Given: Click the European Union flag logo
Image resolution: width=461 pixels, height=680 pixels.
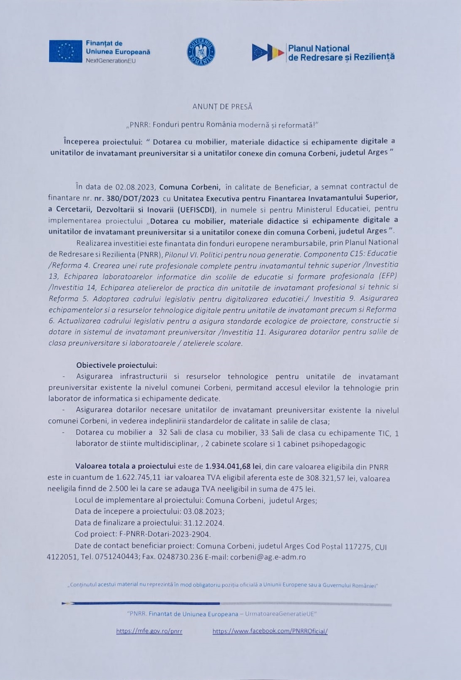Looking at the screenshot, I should tap(65, 51).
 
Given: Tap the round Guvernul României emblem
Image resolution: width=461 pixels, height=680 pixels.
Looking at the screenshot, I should tap(201, 51).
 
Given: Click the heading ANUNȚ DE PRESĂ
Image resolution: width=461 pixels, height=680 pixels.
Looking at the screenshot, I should tap(222, 107).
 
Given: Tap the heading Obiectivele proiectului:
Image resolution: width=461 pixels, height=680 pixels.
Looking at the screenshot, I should tap(116, 365).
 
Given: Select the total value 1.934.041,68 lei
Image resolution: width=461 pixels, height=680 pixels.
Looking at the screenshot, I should tap(233, 466).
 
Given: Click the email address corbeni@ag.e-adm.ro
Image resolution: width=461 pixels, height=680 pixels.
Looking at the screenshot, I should tap(268, 557).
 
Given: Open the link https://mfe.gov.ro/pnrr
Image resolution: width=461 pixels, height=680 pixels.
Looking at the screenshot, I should tap(149, 631).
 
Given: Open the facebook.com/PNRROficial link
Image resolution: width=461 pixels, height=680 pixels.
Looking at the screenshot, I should tap(270, 631).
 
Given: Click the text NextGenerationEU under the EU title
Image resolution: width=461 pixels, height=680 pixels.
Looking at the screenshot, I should tap(111, 61).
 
